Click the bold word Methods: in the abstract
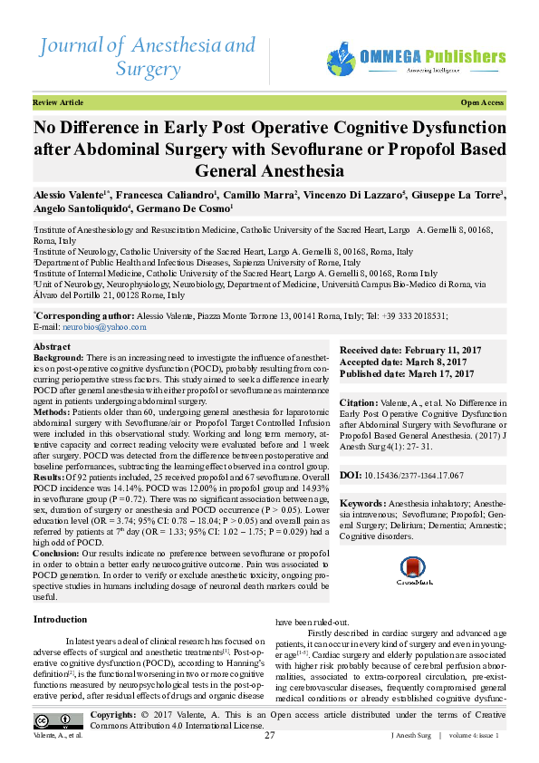point(53,410)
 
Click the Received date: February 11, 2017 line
point(406,350)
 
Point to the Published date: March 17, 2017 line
point(407,373)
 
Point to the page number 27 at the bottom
point(269,735)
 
